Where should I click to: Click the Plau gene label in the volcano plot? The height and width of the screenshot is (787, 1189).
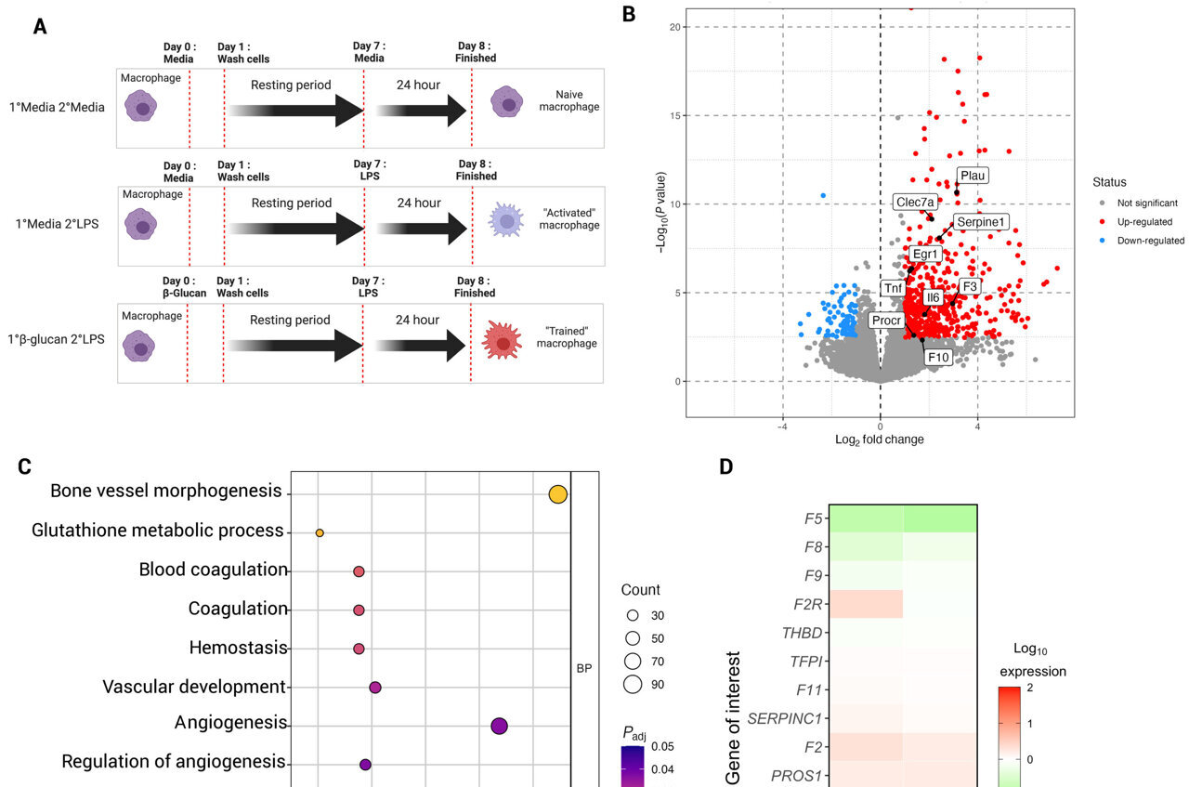(973, 175)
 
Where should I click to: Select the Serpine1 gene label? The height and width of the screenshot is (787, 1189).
(980, 222)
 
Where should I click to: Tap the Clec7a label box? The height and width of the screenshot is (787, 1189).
(916, 202)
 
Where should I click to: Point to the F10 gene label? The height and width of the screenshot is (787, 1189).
(938, 356)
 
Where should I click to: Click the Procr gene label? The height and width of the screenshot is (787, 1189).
(885, 320)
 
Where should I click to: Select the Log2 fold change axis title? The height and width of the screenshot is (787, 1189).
(880, 439)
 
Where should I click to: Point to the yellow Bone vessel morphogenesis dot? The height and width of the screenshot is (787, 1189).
(557, 494)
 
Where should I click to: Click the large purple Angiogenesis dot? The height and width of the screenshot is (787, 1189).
(499, 726)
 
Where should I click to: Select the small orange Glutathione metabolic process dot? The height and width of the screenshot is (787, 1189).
(320, 533)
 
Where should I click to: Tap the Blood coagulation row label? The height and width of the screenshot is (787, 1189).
(213, 570)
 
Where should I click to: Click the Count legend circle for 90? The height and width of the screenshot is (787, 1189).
(634, 685)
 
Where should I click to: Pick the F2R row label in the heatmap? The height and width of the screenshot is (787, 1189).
(805, 604)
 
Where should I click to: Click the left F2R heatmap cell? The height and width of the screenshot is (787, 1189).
(866, 604)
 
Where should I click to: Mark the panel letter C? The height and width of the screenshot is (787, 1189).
(25, 467)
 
